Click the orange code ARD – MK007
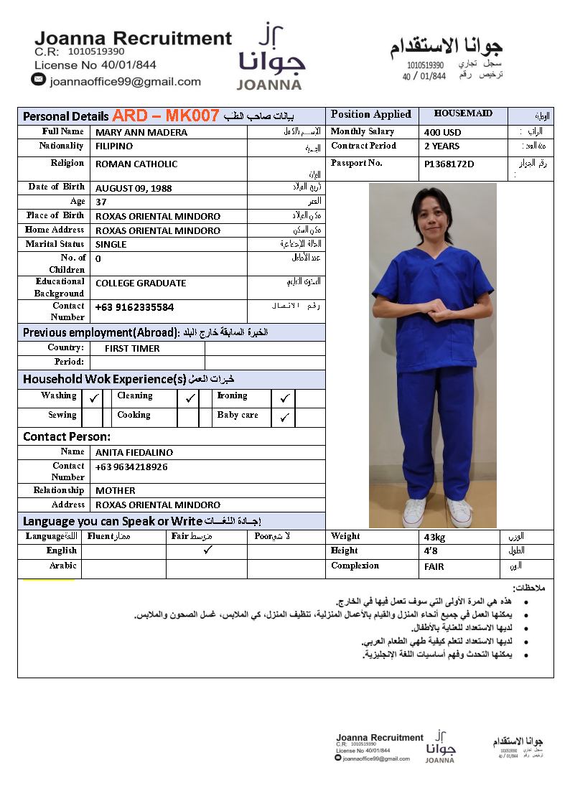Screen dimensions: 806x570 [x=166, y=116]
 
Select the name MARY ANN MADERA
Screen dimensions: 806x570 [x=141, y=132]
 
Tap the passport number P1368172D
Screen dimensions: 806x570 [x=449, y=164]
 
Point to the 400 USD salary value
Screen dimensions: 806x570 [x=443, y=132]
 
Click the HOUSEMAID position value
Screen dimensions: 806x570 [x=463, y=113]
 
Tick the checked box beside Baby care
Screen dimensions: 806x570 [x=284, y=417]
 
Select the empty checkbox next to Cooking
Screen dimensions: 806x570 [x=187, y=417]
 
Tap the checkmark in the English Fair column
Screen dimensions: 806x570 [x=207, y=550]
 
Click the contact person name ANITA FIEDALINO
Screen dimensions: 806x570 [x=134, y=452]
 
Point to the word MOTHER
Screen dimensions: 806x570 [x=116, y=490]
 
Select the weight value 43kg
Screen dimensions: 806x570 [x=435, y=537]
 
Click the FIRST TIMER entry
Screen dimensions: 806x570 [x=132, y=348]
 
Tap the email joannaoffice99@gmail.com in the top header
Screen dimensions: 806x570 [x=125, y=82]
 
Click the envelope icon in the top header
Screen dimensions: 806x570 [x=39, y=80]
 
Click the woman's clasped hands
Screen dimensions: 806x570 [x=431, y=312]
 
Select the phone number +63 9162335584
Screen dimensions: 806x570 [x=135, y=307]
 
